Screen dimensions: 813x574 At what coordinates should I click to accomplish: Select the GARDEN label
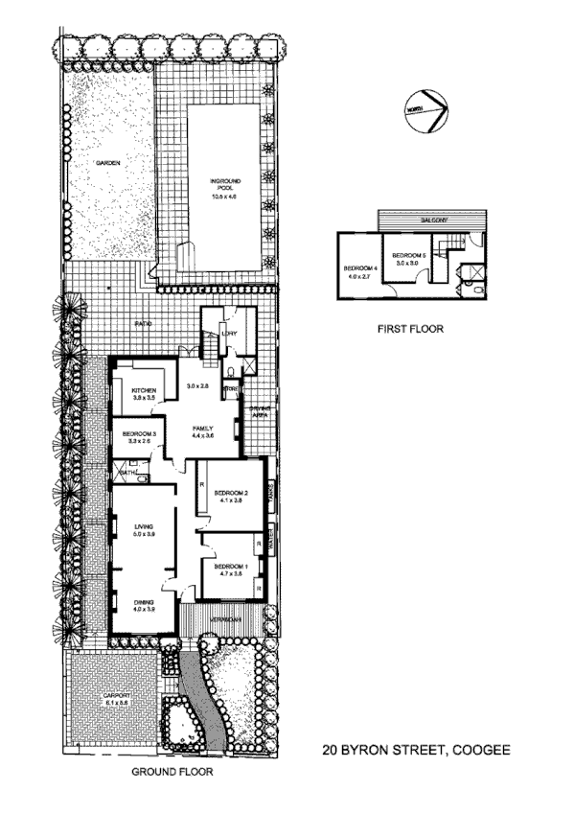pyautogui.click(x=107, y=164)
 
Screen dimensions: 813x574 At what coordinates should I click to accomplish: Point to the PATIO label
pyautogui.click(x=145, y=323)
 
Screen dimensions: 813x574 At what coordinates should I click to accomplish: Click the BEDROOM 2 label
pyautogui.click(x=232, y=496)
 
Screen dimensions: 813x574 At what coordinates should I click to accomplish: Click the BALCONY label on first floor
pyautogui.click(x=435, y=221)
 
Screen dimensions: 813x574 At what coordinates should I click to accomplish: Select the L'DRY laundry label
pyautogui.click(x=228, y=334)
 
